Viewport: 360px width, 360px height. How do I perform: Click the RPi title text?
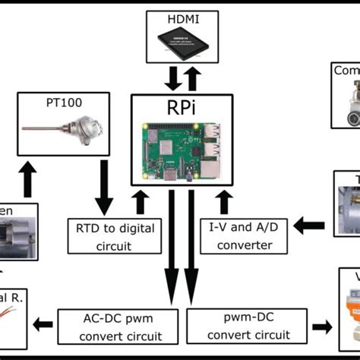click(x=180, y=108)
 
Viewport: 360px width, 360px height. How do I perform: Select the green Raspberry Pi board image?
click(x=180, y=151)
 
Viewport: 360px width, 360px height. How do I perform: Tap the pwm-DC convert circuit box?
click(x=246, y=325)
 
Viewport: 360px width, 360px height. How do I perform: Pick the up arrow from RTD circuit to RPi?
click(x=140, y=202)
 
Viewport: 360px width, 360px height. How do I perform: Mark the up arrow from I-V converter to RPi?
click(x=223, y=202)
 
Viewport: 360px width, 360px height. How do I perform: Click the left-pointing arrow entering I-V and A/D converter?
click(x=307, y=225)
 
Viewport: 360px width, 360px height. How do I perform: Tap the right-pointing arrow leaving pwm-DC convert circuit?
click(x=323, y=326)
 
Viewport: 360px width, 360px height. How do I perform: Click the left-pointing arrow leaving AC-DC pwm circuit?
click(x=43, y=325)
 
